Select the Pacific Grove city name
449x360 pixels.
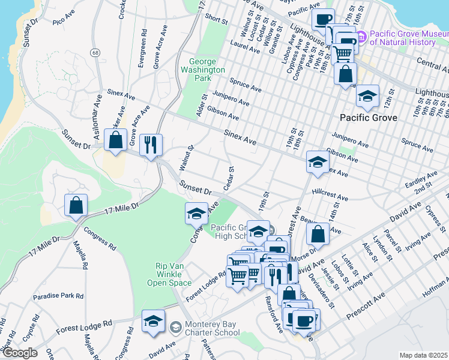coord(368,118)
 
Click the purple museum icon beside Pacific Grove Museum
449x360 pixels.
coord(361,38)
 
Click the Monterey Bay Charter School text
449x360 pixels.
coord(204,328)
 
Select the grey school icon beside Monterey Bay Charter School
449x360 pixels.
coord(175,328)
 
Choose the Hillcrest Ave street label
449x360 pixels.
coord(330,197)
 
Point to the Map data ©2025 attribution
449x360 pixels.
coord(424,355)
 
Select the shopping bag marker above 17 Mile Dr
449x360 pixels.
coord(76,206)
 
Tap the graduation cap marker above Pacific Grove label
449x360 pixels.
coord(368,95)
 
